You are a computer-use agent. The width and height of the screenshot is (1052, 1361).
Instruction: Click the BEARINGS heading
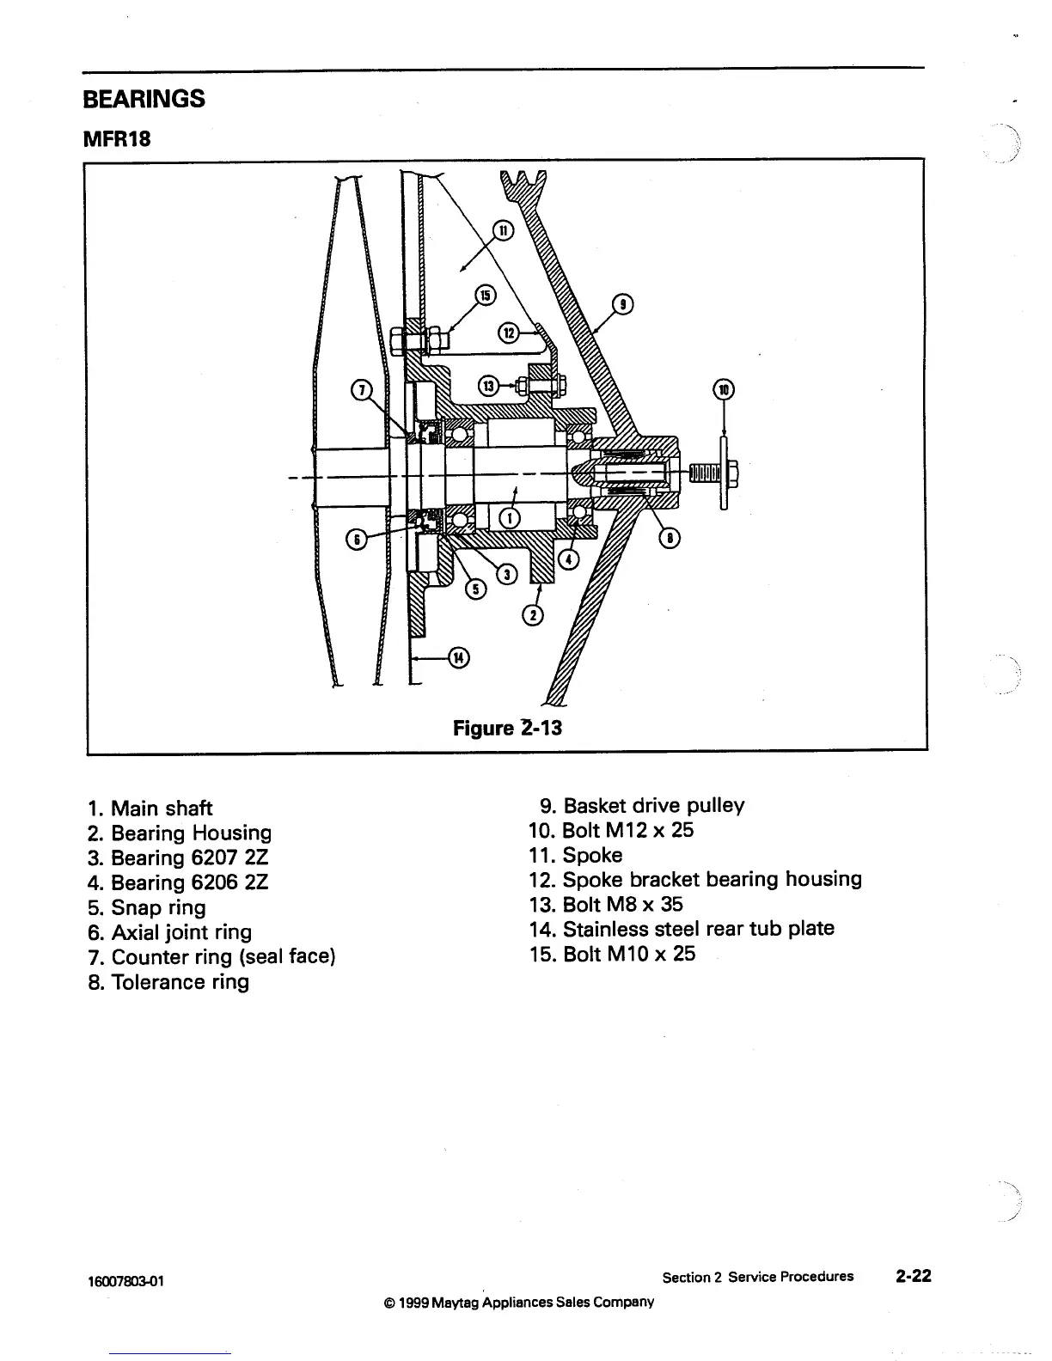coord(144,99)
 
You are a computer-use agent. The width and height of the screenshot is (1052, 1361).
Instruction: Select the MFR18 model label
coord(117,138)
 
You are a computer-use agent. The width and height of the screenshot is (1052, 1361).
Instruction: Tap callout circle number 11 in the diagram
coord(503,230)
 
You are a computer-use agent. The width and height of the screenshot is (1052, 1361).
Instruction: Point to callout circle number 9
coord(624,304)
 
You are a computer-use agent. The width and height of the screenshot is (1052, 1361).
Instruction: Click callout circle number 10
coord(724,389)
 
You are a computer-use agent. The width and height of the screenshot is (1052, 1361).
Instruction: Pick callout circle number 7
coord(362,390)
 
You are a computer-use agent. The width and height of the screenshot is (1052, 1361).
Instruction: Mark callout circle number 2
coord(534,616)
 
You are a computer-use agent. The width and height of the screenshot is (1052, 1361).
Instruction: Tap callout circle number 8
coord(668,538)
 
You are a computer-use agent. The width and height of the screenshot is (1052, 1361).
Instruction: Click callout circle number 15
coord(486,296)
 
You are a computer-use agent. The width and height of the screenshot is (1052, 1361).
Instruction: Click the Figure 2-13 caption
coord(507,728)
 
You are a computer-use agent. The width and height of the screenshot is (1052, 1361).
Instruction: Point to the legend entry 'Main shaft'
coord(150,809)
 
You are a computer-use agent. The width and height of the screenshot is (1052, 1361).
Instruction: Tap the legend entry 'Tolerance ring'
coord(168,982)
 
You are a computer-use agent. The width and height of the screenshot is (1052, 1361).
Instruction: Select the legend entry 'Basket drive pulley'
coord(642,806)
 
